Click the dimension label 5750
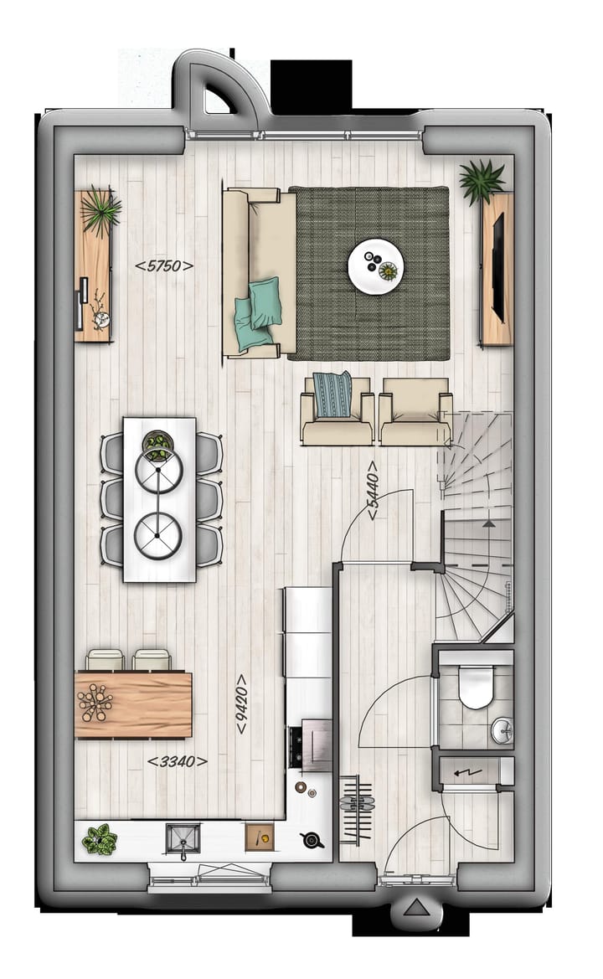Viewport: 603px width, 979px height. [164, 266]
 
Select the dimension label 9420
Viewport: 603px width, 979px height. [241, 704]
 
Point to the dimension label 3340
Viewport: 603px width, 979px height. [177, 761]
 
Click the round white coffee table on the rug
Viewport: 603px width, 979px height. [376, 267]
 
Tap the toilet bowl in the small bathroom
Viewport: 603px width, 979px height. [476, 688]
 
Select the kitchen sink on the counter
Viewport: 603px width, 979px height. [183, 837]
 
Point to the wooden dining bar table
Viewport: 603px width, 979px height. [133, 704]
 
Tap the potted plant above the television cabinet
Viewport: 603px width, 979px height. [481, 180]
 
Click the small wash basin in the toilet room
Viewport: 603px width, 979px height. [502, 729]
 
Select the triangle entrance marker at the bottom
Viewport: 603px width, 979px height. [415, 909]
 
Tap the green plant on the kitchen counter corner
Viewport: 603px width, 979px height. [99, 838]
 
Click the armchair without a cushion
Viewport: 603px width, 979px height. [415, 410]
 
